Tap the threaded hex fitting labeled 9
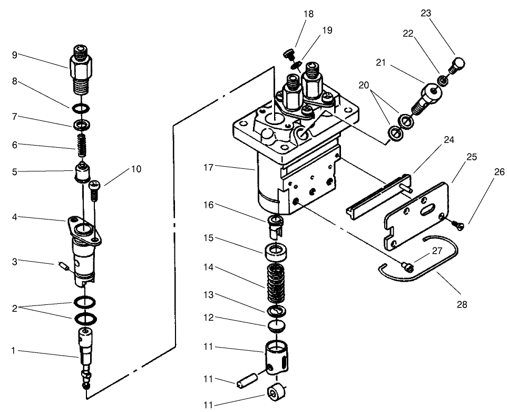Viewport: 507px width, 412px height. tap(81, 69)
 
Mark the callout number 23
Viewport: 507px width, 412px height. tap(426, 14)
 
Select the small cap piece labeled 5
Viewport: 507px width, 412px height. tap(82, 173)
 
